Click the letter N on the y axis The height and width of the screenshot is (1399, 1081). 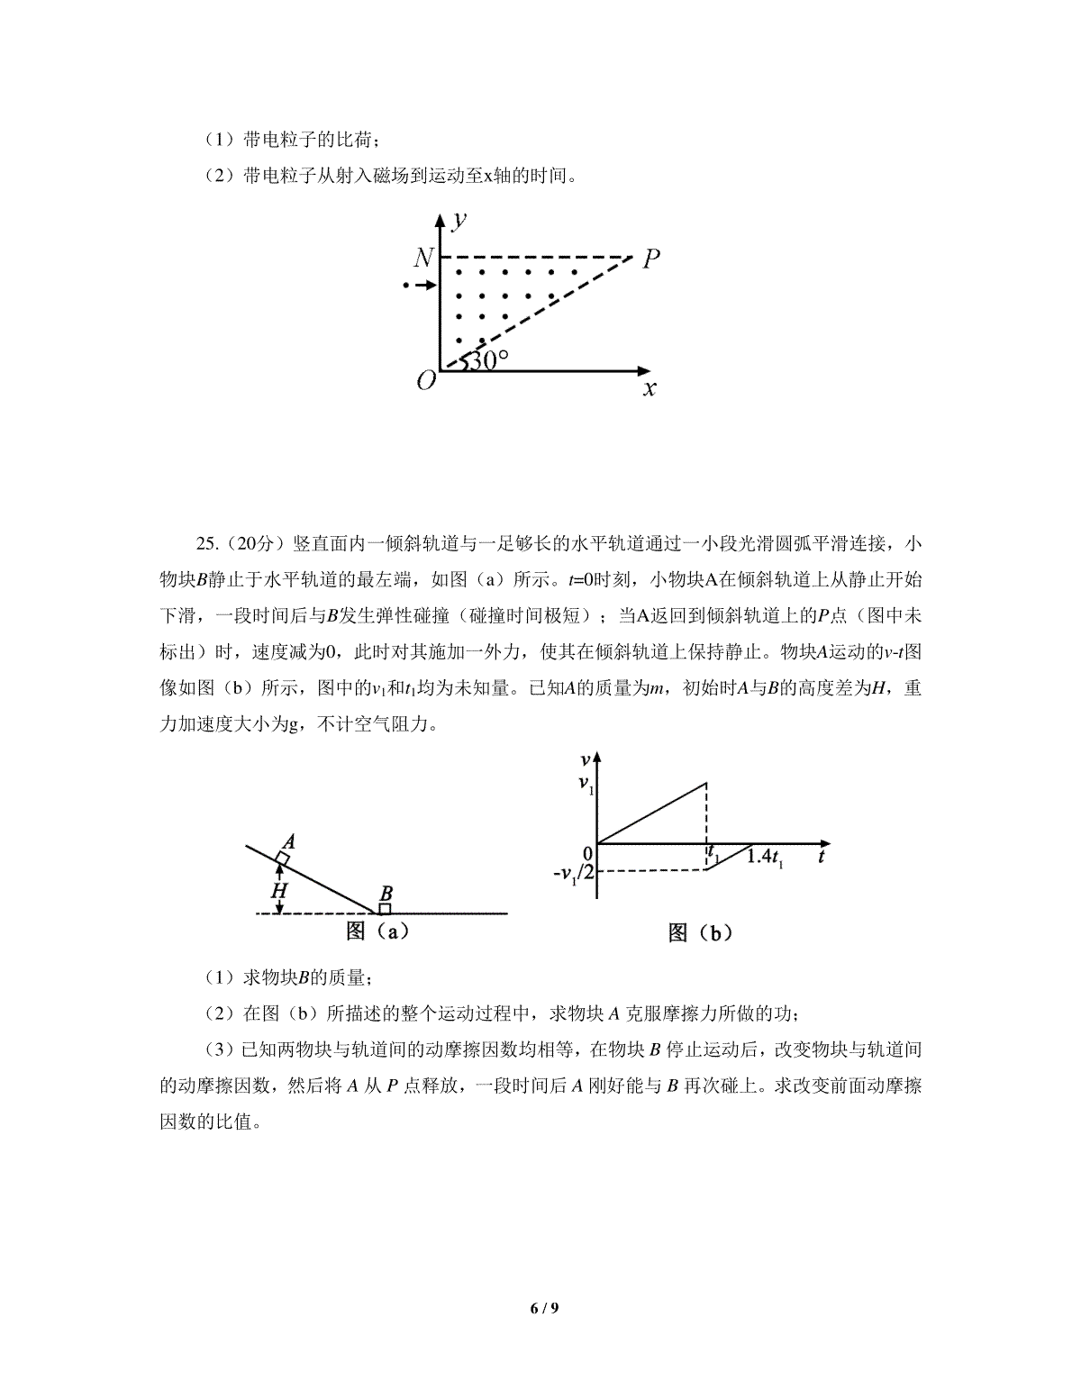pos(423,259)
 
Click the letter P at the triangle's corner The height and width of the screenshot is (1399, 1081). pos(651,259)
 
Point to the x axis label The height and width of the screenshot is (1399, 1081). pos(649,389)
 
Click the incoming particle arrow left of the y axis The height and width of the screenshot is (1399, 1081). pos(419,286)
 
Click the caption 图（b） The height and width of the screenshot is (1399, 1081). pos(700,933)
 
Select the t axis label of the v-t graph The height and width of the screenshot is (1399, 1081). pos(822,857)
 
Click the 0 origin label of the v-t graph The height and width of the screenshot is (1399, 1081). pos(586,852)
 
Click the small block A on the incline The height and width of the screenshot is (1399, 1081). pos(282,858)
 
